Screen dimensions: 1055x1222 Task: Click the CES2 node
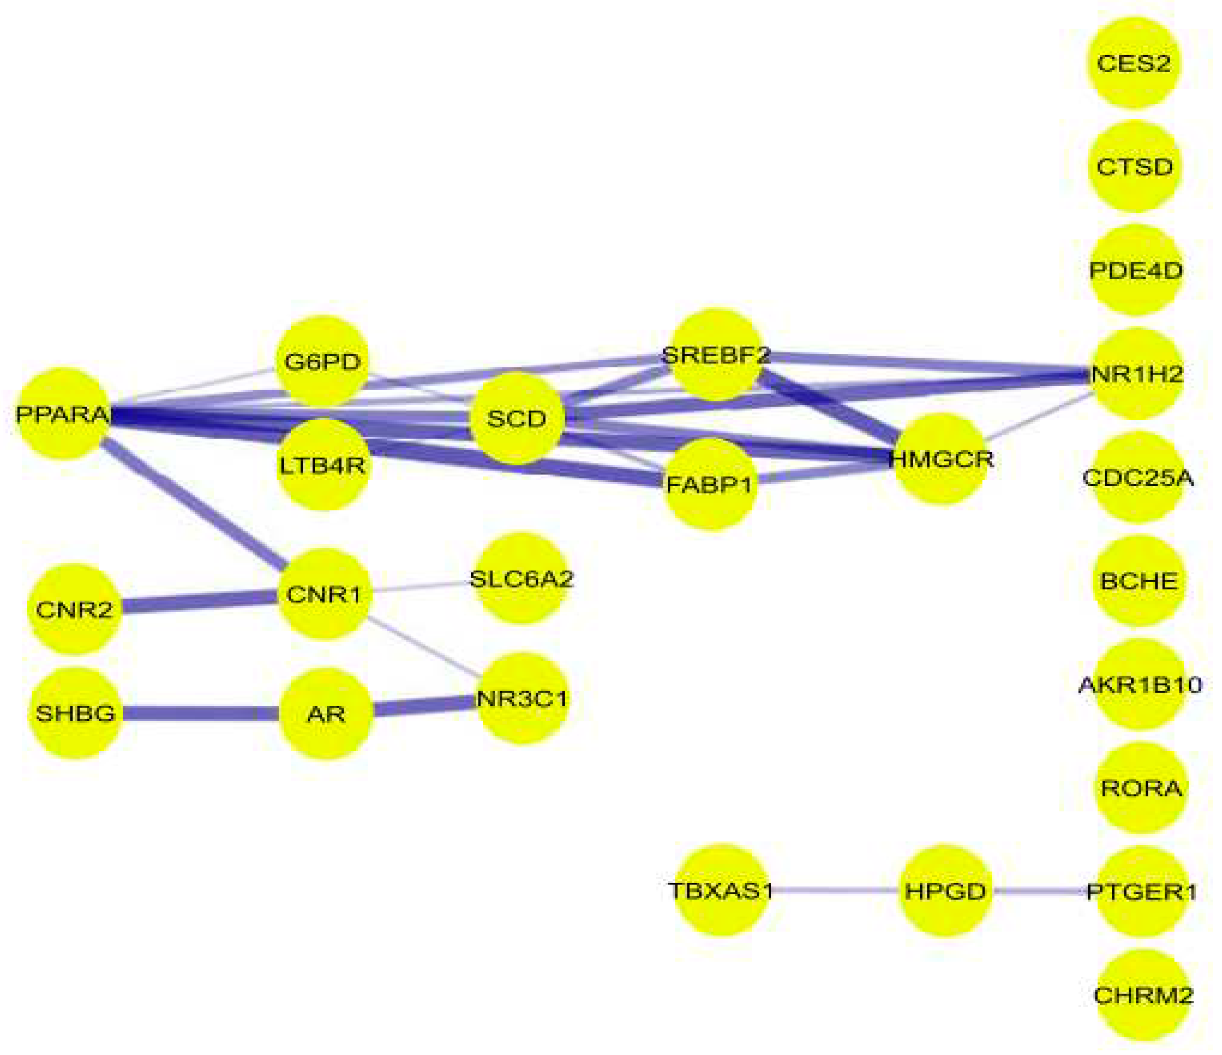point(1133,63)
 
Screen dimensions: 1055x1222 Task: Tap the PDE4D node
point(1135,270)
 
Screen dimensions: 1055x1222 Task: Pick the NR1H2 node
point(1136,374)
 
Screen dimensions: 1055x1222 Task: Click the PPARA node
point(62,414)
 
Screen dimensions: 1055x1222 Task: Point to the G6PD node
point(322,361)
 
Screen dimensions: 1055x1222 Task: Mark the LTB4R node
point(322,465)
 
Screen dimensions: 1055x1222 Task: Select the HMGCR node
point(940,458)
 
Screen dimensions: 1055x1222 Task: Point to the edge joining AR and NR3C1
point(424,706)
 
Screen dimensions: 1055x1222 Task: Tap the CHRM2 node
point(1142,995)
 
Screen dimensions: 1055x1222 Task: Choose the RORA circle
point(1141,788)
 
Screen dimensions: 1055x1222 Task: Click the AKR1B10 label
point(1140,684)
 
